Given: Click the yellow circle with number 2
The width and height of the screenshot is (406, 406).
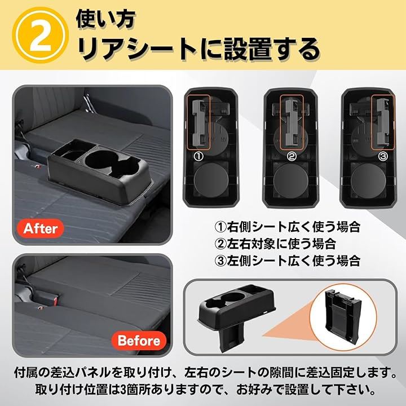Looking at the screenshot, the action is [x=40, y=35].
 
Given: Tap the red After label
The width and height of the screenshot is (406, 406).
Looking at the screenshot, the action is [x=41, y=228].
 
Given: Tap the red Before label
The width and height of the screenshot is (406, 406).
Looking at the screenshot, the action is [x=139, y=341].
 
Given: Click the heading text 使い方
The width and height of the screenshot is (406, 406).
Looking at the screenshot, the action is [x=105, y=19].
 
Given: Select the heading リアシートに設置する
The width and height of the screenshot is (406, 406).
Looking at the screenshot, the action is [x=199, y=49].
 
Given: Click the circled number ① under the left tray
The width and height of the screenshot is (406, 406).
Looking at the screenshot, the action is [x=199, y=156].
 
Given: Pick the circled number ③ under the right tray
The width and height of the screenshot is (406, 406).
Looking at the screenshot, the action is [x=383, y=156].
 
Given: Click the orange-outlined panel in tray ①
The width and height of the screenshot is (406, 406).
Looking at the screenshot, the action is [x=198, y=122].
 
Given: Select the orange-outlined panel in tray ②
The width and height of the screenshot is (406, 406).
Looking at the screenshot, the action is [x=292, y=122].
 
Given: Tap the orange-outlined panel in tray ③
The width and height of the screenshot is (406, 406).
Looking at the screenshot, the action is [x=383, y=122].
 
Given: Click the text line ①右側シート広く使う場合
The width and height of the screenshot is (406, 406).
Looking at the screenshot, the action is [x=288, y=227].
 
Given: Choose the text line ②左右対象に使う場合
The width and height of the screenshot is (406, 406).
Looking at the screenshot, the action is [x=275, y=244].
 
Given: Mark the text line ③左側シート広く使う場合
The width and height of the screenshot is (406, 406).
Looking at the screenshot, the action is [x=288, y=261].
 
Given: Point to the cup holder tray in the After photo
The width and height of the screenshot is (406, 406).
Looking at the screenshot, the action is [x=99, y=171].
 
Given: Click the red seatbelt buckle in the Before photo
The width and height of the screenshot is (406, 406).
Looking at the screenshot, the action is [x=55, y=301].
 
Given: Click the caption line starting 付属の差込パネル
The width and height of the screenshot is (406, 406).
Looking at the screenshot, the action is [x=205, y=373].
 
